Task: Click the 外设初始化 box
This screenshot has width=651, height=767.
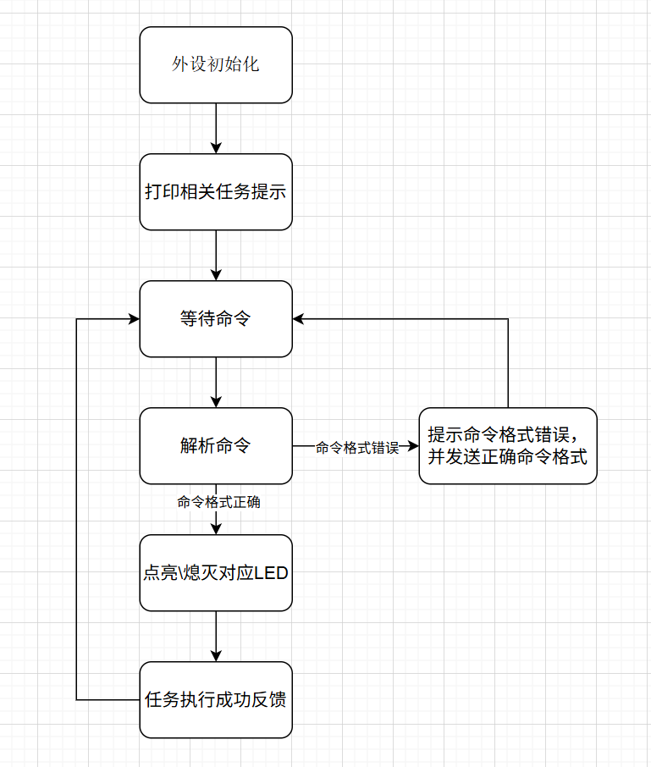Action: point(216,64)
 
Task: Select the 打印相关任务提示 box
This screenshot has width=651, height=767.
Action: point(216,191)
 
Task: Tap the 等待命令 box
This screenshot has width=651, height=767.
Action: point(216,318)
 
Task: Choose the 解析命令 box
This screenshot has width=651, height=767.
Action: point(216,445)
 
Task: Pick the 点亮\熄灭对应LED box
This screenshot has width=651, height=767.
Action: point(216,572)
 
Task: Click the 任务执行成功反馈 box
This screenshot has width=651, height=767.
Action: point(216,699)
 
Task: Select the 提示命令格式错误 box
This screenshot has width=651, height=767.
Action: point(508,445)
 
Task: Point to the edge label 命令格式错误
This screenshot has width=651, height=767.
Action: point(356,447)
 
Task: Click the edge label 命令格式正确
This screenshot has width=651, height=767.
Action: point(218,502)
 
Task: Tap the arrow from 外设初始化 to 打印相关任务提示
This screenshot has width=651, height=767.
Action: point(216,127)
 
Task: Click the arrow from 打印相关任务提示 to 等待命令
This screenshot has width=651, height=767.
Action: point(216,254)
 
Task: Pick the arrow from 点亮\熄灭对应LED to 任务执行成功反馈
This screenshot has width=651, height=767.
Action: point(216,635)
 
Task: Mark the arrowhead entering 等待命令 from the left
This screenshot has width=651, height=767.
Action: point(134,319)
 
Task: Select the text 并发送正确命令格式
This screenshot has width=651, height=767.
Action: point(508,456)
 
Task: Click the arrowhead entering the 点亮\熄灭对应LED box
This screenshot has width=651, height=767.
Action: point(216,528)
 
